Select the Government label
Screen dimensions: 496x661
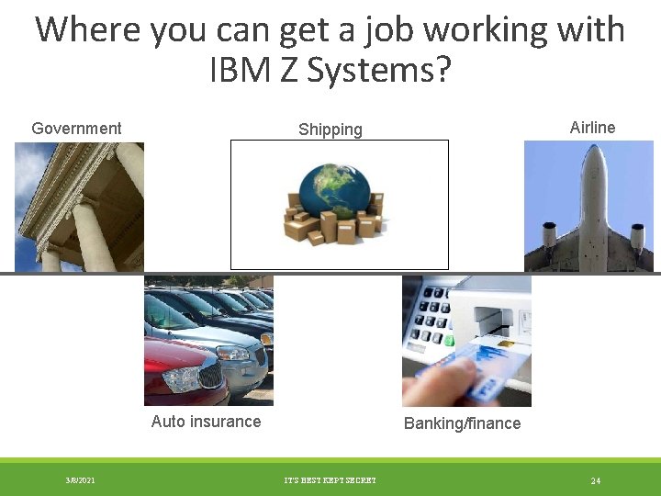tap(76, 128)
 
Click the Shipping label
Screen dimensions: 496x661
tap(330, 130)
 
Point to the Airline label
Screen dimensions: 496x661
tap(592, 127)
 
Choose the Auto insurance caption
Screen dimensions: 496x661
tap(206, 422)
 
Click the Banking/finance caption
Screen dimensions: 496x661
tap(462, 423)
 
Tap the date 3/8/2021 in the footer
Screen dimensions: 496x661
tap(80, 480)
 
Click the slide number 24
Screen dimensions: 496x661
tap(596, 480)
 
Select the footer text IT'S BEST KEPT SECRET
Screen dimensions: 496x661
tap(330, 480)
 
